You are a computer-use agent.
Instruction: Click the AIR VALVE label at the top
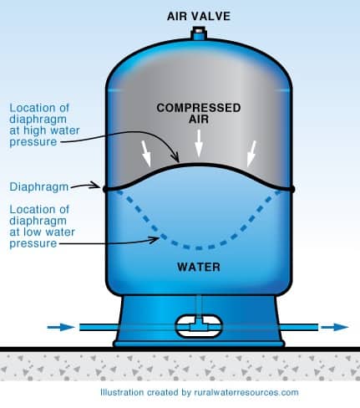199,14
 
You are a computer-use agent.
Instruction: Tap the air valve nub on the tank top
199,33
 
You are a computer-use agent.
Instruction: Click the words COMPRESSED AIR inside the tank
199,114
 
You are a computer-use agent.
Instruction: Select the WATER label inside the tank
198,268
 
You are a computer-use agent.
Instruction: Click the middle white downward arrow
199,146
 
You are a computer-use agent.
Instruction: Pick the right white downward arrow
249,150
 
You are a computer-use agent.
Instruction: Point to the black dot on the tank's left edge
105,189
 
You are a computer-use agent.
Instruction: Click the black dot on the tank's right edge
292,189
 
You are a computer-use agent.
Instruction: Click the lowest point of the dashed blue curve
199,248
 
